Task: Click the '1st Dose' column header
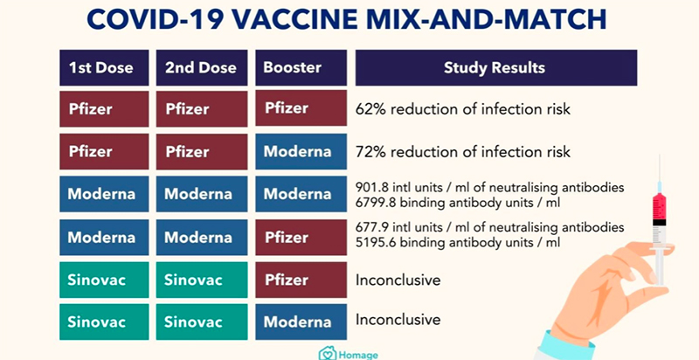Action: click(103, 67)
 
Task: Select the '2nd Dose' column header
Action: click(200, 67)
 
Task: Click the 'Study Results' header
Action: click(495, 67)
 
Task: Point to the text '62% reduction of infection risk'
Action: click(462, 110)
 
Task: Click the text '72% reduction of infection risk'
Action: click(462, 152)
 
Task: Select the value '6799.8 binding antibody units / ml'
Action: click(457, 202)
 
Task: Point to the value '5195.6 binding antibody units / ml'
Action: click(457, 244)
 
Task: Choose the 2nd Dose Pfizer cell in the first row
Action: click(200, 109)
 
